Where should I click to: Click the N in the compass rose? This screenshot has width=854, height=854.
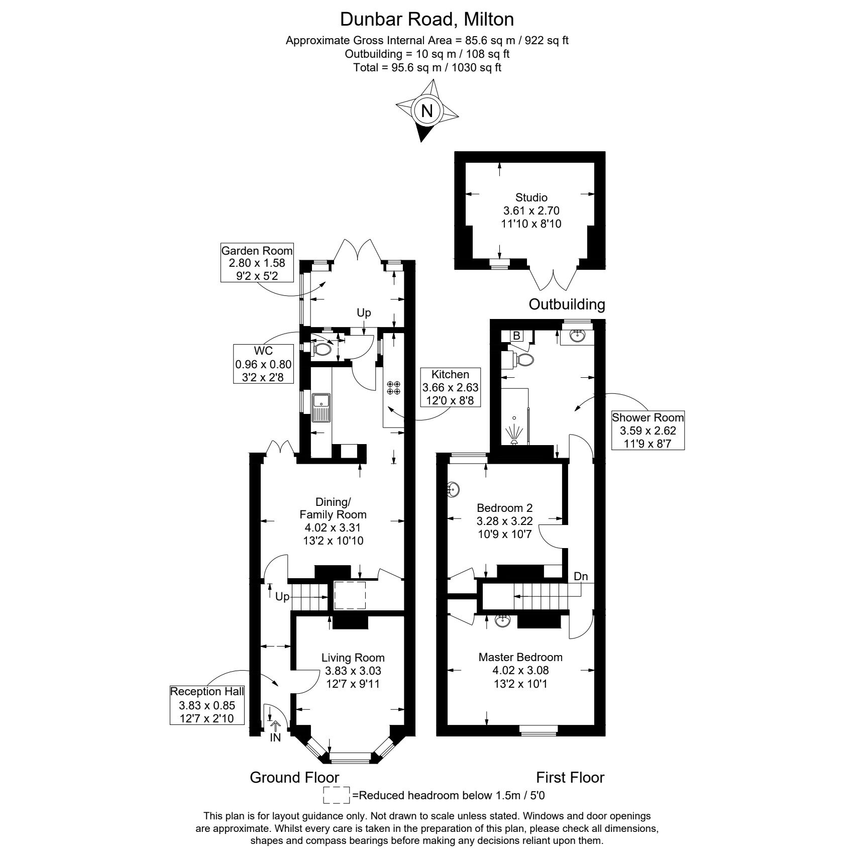click(x=427, y=111)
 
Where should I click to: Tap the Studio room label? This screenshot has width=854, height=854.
click(x=531, y=197)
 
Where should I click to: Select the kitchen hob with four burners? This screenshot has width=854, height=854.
click(x=393, y=387)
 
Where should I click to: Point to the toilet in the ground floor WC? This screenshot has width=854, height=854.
click(x=322, y=348)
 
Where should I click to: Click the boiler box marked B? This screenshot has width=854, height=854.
click(x=516, y=336)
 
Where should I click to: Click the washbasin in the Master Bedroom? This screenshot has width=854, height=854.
click(x=503, y=621)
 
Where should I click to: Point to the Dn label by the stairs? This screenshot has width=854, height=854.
click(x=581, y=576)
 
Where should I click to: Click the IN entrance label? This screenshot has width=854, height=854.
click(x=275, y=738)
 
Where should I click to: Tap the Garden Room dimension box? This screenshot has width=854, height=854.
click(x=257, y=263)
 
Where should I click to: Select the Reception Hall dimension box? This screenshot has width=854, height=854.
click(x=207, y=705)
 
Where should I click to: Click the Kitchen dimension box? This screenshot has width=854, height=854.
click(x=450, y=387)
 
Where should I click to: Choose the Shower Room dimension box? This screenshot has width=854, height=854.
click(x=648, y=431)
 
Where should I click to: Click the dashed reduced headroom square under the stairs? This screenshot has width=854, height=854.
click(x=350, y=595)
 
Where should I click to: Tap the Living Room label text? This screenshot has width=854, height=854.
click(x=353, y=658)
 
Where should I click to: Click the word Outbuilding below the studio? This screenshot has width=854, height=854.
click(x=567, y=304)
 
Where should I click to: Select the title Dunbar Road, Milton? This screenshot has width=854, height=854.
click(x=427, y=19)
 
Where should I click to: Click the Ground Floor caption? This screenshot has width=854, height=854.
click(x=294, y=777)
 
